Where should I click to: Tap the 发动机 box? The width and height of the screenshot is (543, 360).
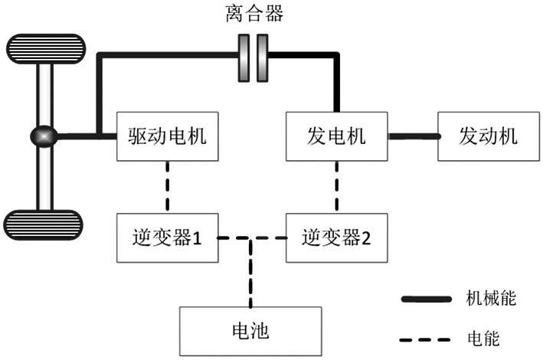488,136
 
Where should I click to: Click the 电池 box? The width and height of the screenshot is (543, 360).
250,331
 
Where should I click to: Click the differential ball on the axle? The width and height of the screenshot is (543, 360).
44,137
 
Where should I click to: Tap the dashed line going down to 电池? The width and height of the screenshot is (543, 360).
250,276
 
